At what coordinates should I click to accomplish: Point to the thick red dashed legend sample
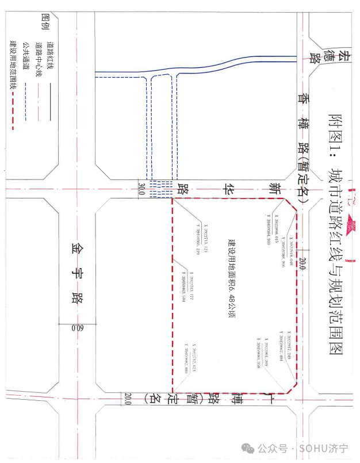[x=13, y=112]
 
